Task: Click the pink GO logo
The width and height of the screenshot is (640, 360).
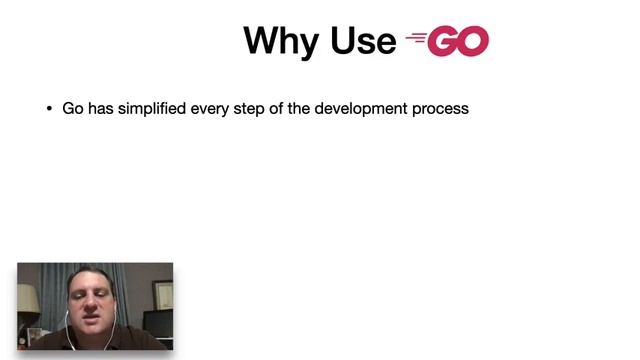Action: point(458,41)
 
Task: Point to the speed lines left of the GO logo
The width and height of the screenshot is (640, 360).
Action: point(415,40)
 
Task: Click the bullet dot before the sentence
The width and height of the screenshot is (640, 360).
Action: point(49,109)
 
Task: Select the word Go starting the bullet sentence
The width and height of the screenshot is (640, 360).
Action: point(72,108)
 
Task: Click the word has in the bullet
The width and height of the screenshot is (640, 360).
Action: point(101,108)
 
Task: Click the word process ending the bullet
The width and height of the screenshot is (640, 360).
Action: point(440,108)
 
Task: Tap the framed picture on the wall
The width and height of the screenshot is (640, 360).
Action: point(160,294)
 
